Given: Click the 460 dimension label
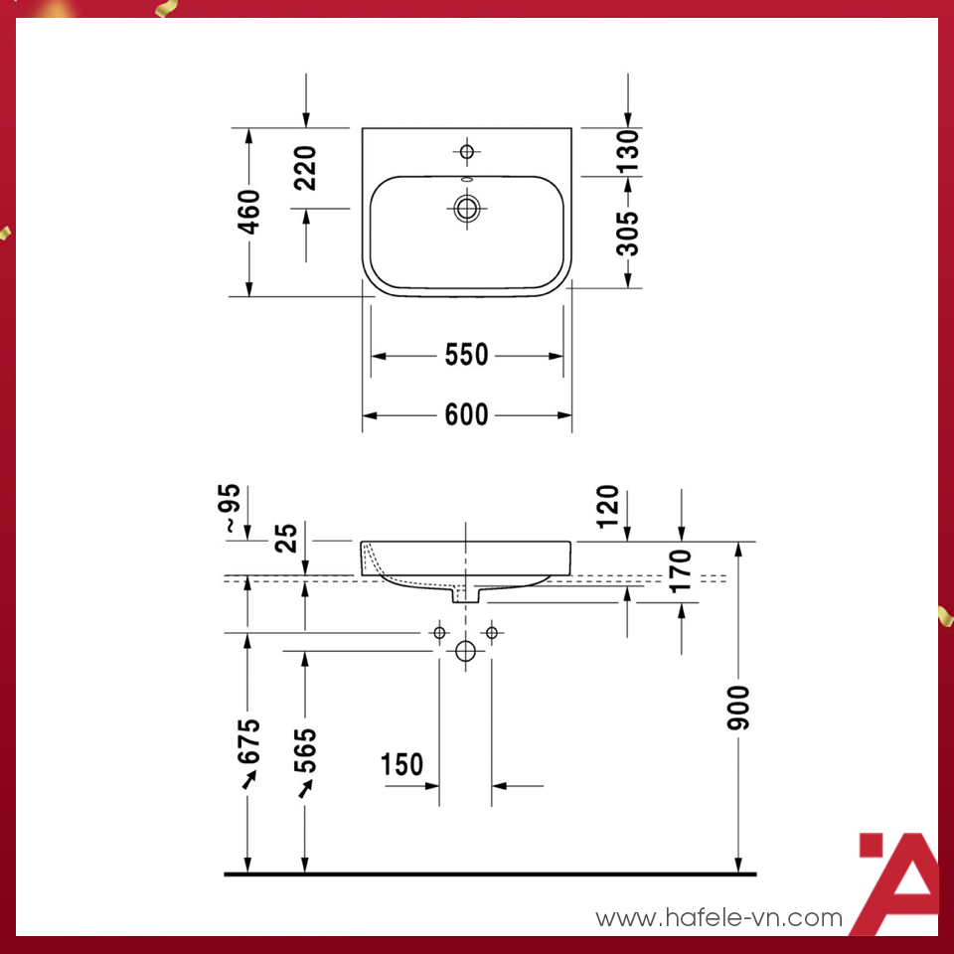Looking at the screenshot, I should [x=249, y=212].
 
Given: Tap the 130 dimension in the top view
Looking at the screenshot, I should [x=628, y=151].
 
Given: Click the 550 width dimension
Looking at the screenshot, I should [x=466, y=355].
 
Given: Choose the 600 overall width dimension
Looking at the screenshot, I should [x=466, y=414].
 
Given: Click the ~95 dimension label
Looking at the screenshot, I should [x=231, y=509].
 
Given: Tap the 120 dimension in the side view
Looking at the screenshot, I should [x=608, y=506].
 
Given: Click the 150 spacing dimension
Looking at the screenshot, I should [x=401, y=764].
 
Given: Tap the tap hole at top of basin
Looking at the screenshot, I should [x=466, y=151].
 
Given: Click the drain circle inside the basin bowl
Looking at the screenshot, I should [x=466, y=209].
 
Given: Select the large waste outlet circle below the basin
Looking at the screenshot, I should [x=465, y=652].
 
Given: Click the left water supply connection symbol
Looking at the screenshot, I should [x=439, y=632].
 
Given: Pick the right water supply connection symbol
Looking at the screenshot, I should [x=491, y=632].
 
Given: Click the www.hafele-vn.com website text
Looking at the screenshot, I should [x=718, y=919].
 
